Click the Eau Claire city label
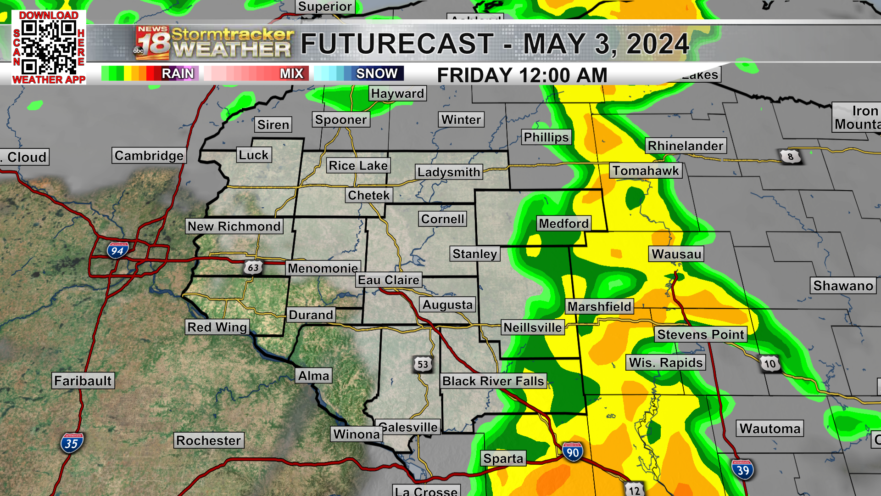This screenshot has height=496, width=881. click(389, 280)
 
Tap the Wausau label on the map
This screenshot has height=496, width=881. click(676, 254)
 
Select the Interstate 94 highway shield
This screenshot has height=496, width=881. click(117, 250)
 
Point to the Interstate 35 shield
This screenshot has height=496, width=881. click(72, 443)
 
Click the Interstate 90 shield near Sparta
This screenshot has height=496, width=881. click(572, 452)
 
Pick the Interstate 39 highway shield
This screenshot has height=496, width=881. click(742, 469)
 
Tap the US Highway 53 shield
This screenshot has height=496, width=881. click(423, 365)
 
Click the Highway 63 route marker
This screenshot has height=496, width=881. click(253, 267)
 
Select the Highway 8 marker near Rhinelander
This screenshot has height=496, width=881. click(790, 157)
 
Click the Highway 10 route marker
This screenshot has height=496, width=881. click(769, 364)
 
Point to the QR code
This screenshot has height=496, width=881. click(49, 48)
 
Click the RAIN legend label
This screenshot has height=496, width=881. click(178, 73)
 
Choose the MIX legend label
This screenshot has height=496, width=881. click(291, 73)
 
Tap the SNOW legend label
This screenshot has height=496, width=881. click(377, 73)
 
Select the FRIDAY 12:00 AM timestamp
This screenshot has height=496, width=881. click(522, 75)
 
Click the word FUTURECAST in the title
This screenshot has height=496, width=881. click(397, 44)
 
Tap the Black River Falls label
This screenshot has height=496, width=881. click(493, 381)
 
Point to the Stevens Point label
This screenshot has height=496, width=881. click(701, 334)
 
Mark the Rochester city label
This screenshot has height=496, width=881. click(209, 440)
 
